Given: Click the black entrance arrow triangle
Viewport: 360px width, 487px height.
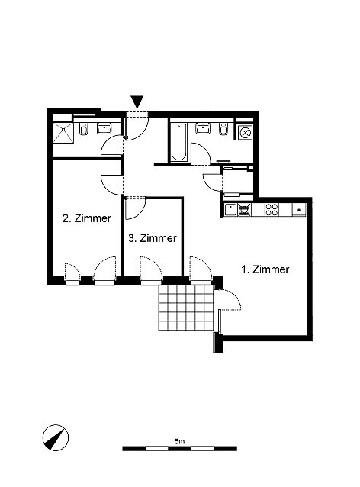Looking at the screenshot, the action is (137, 102).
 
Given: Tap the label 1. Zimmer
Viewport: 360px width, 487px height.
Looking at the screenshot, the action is (265, 269).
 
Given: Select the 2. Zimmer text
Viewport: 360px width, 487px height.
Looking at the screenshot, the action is (87, 218).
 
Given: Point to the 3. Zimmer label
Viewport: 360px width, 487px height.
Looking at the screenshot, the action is (153, 238).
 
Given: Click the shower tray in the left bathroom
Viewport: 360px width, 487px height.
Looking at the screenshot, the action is (63, 133).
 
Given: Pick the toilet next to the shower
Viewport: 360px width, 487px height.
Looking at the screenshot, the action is (84, 129).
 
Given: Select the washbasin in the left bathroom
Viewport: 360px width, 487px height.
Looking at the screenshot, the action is (104, 128).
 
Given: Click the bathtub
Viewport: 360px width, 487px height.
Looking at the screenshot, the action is (178, 142).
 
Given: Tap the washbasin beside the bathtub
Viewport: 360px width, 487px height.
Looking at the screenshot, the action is (204, 128).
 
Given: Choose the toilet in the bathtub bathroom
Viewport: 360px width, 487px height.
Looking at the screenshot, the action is (223, 129).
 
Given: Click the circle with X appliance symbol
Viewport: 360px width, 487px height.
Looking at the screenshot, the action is (246, 133).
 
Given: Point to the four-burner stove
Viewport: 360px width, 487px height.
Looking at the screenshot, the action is (272, 209).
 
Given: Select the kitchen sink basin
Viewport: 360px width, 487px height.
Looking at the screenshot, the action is (230, 210).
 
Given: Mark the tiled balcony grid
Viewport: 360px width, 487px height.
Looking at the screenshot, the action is (186, 308).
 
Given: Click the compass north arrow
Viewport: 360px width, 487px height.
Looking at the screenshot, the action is (56, 437).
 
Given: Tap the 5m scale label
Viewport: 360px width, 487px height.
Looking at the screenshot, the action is (180, 441).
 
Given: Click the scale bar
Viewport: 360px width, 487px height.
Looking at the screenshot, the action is (180, 449).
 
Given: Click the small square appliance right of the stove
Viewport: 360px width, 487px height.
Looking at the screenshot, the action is (299, 210).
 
